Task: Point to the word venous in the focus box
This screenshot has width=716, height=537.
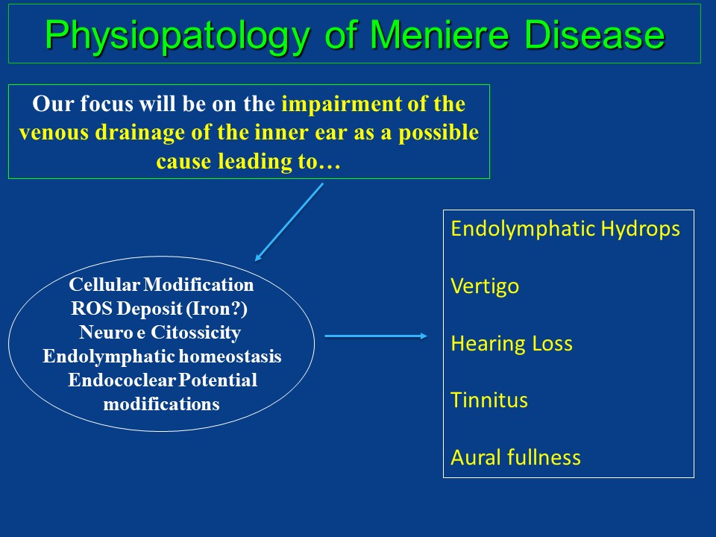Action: coord(54,133)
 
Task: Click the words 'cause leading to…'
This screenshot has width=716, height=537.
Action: coord(248,161)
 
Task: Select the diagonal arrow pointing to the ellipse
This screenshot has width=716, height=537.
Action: coord(289,222)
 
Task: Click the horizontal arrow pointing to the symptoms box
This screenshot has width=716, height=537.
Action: coord(376,336)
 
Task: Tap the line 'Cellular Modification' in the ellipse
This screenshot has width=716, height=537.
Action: coord(161,284)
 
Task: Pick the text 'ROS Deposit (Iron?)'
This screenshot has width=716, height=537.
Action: coord(160,309)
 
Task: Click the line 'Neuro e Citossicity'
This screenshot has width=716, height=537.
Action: coord(160,333)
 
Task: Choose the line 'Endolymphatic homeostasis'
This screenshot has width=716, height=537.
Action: coord(162,357)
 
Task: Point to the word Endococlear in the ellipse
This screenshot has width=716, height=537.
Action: coord(122,380)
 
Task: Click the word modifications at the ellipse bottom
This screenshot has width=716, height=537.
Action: coord(161,404)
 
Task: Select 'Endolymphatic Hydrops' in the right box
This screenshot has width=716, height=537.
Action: coord(565,229)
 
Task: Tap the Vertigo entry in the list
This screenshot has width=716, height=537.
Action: coord(485,287)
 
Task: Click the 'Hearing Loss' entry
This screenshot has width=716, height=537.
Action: coord(512,343)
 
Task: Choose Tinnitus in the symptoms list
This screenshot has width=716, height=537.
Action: coord(489,400)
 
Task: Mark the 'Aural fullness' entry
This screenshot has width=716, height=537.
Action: coord(515,457)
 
